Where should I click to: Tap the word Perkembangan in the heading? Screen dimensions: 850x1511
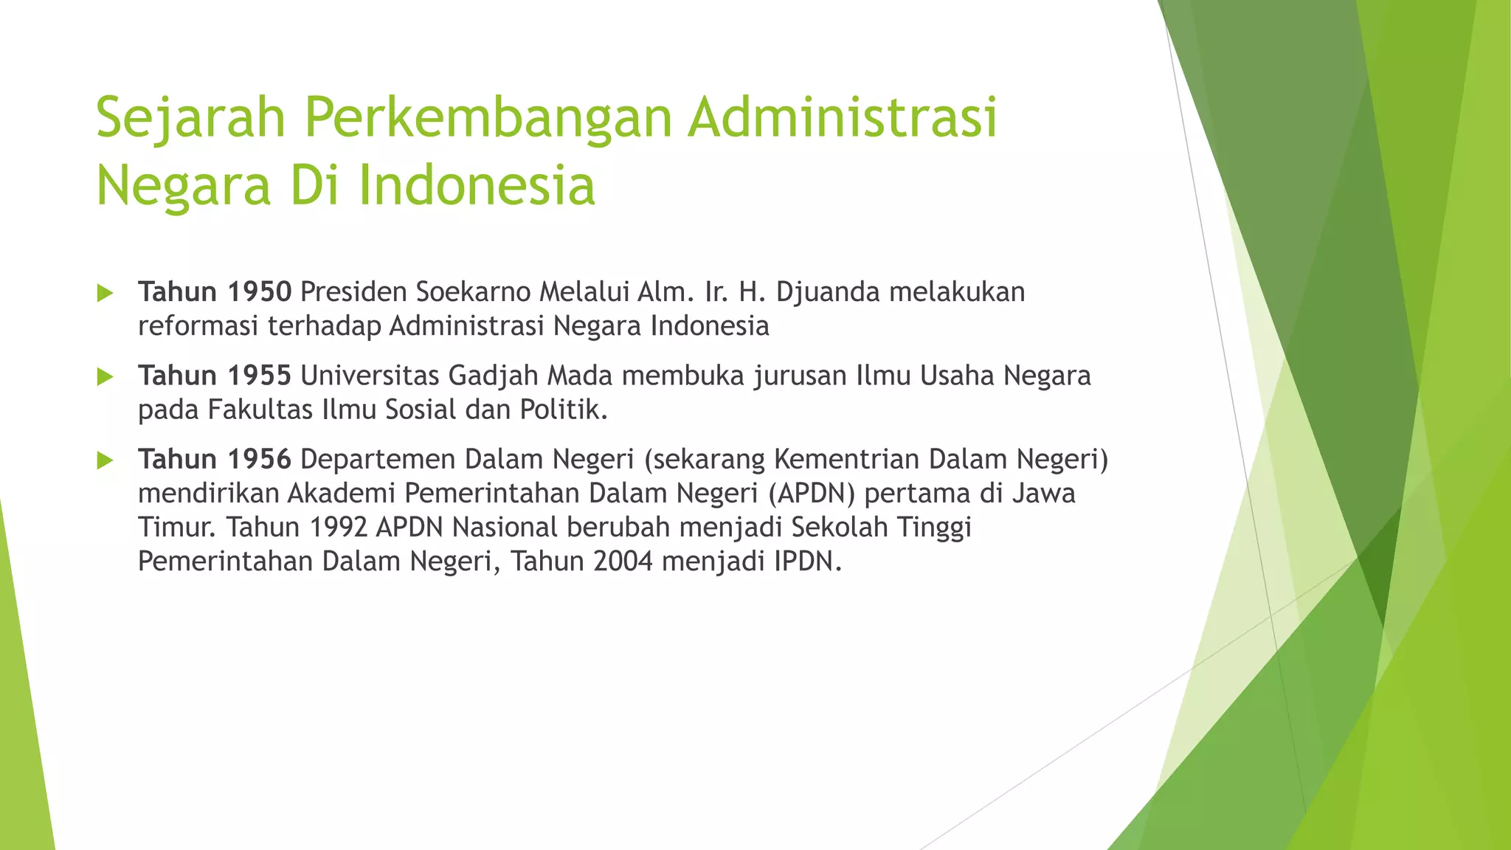(488, 118)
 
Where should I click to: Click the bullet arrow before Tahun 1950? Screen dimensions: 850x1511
(105, 294)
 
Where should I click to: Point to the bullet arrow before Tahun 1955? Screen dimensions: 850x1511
(105, 377)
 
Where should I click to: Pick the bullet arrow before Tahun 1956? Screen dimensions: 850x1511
(105, 461)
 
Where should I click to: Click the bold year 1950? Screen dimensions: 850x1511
(259, 292)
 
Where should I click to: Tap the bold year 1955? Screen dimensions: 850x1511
(259, 376)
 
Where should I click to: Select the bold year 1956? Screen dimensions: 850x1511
(259, 459)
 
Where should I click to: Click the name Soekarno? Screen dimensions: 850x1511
(473, 292)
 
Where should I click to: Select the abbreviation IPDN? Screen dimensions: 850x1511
(807, 561)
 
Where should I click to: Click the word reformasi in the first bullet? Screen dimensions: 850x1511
(198, 325)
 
